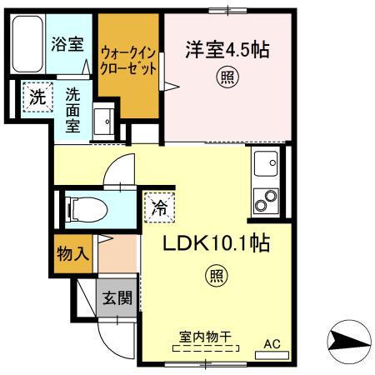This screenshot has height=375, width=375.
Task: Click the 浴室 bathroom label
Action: tap(68, 44)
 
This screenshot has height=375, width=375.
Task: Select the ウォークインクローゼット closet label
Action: tap(127, 61)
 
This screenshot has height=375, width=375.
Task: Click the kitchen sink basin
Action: tap(267, 164)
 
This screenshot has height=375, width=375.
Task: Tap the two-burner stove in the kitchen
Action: tap(267, 201)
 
